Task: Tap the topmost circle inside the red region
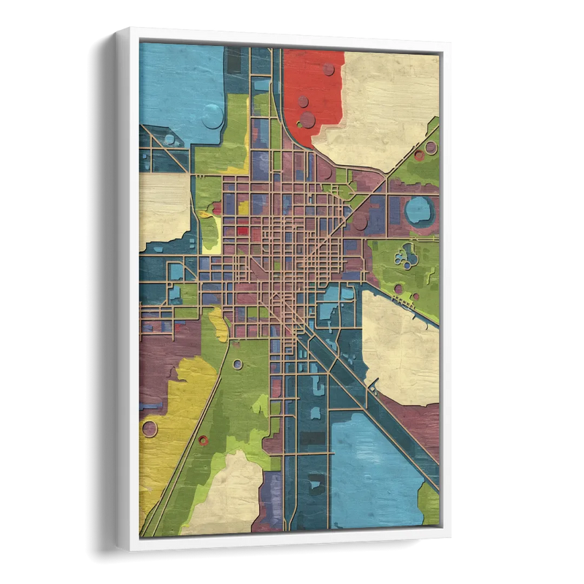pos(328,69)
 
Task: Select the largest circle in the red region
pos(307,120)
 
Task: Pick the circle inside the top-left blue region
pos(212,115)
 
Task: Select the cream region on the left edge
pos(164,208)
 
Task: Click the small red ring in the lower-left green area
pos(203,439)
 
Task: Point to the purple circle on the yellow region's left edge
pos(149,429)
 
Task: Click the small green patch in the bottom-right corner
pos(429,504)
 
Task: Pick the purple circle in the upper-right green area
pos(430,148)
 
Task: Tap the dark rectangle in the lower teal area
pos(312,438)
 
